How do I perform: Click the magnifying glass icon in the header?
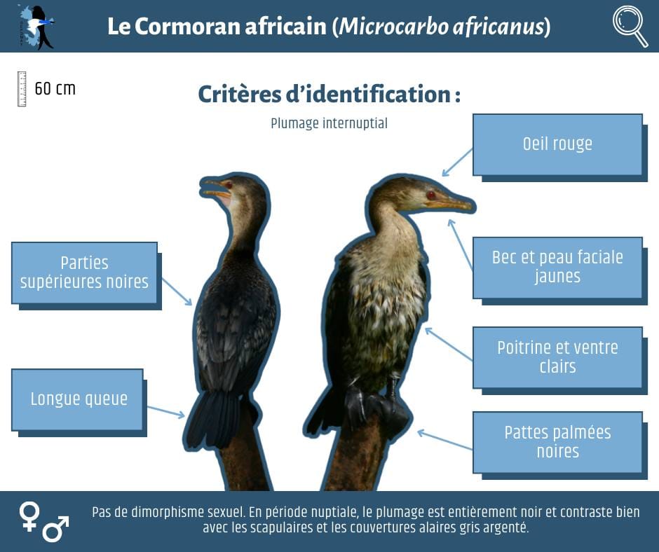tap(630, 25)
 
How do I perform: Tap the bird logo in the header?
tap(36, 27)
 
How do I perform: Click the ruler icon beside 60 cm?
tap(22, 89)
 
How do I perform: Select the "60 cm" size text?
tap(55, 89)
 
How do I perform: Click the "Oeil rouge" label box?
tap(557, 144)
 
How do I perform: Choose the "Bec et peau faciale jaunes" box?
tap(557, 267)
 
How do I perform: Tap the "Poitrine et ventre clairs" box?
tap(557, 357)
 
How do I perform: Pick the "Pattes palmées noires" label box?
tap(557, 442)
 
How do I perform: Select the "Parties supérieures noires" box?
tap(84, 272)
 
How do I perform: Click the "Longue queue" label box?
tap(77, 399)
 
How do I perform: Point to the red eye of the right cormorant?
tap(430, 195)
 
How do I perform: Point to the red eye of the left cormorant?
tap(229, 185)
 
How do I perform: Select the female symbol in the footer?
tap(29, 516)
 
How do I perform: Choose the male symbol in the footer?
tap(56, 529)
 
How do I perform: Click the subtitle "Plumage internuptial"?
tap(329, 123)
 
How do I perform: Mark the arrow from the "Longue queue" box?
tap(166, 412)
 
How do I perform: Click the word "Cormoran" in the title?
tap(189, 26)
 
